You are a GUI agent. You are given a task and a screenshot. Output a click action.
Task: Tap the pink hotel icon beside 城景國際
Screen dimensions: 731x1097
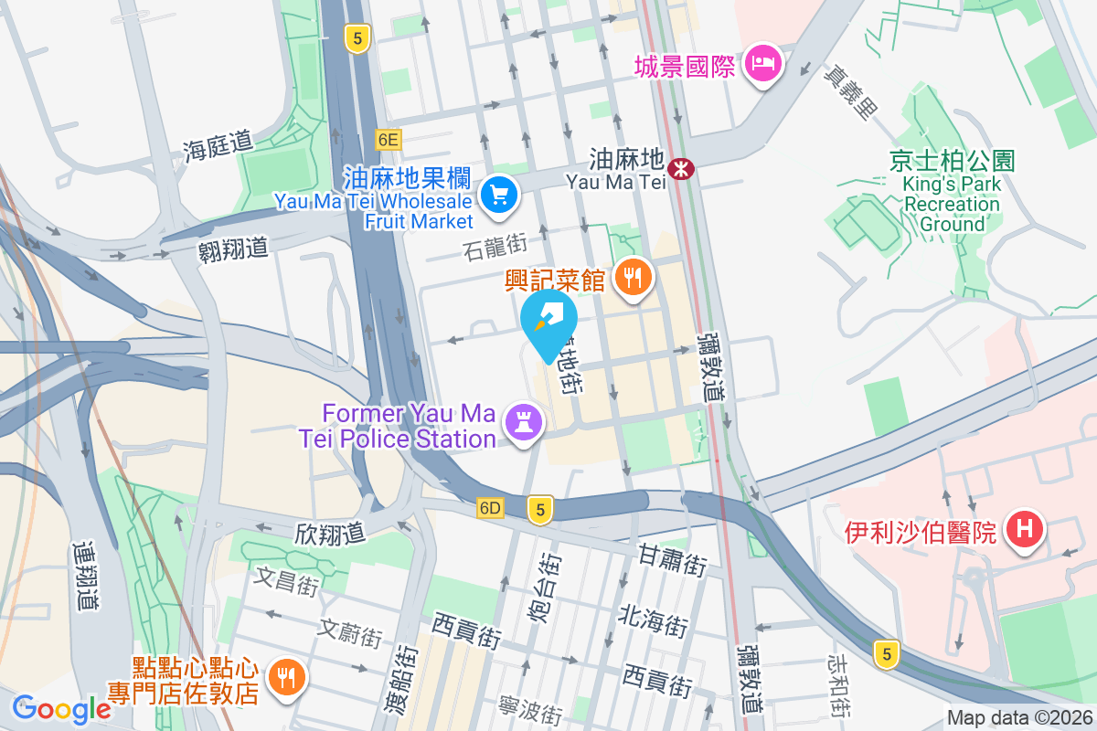[761, 64]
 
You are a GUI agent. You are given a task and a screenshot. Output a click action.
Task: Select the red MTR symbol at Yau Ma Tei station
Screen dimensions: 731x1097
[680, 168]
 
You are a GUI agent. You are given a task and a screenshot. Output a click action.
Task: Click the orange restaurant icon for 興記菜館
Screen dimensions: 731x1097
[632, 275]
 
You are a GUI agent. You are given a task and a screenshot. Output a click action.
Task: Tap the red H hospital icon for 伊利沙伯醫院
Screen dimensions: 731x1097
[1024, 528]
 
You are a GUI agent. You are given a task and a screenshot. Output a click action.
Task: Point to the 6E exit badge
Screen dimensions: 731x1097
[388, 139]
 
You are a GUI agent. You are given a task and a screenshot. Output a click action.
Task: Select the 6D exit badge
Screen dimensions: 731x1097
[490, 508]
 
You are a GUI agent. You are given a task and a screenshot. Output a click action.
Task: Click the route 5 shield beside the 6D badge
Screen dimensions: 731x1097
[540, 509]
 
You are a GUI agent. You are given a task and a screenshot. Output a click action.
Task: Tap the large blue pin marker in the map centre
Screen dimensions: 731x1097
[548, 323]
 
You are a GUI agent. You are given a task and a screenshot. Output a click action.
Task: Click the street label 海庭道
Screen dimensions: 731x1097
[217, 144]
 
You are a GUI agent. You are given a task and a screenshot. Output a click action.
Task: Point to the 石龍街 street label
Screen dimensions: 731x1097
[495, 245]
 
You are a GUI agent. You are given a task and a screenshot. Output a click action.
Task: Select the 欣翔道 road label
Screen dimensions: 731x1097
[329, 534]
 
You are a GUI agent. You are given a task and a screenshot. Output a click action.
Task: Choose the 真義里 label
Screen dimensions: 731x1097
[848, 92]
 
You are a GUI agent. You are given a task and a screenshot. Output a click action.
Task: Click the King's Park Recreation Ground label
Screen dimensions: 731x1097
[952, 193]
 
